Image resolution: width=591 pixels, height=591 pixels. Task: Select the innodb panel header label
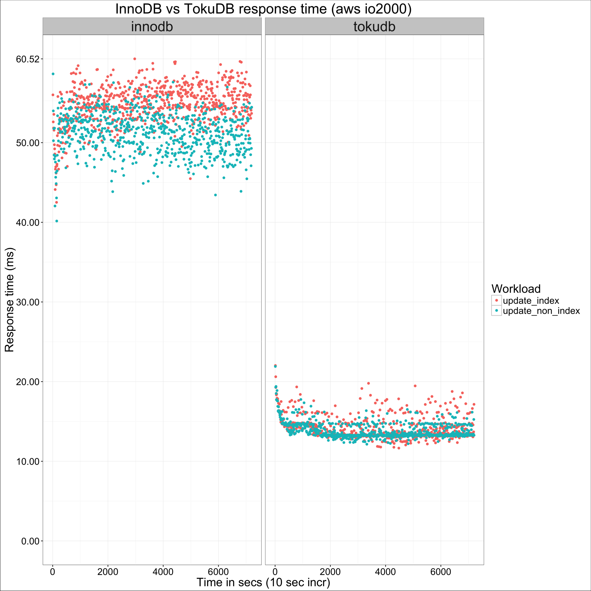tap(152, 27)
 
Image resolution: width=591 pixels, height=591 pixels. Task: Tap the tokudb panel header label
tap(374, 27)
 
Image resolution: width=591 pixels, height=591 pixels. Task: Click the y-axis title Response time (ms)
tap(9, 300)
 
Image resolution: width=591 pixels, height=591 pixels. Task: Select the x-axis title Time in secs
tap(263, 582)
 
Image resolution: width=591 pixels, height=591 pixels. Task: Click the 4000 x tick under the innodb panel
tap(163, 572)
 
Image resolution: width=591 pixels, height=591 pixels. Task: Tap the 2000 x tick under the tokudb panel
tap(330, 572)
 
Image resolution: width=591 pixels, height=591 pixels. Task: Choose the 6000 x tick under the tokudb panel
tap(441, 572)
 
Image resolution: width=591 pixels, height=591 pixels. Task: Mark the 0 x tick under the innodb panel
tap(53, 572)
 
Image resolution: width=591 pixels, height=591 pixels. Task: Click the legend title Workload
tap(516, 289)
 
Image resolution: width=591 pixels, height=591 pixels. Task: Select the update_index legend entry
tap(531, 301)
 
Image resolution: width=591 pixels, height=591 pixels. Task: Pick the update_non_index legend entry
tap(541, 311)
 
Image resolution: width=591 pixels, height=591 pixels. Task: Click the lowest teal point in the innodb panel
tap(57, 221)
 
